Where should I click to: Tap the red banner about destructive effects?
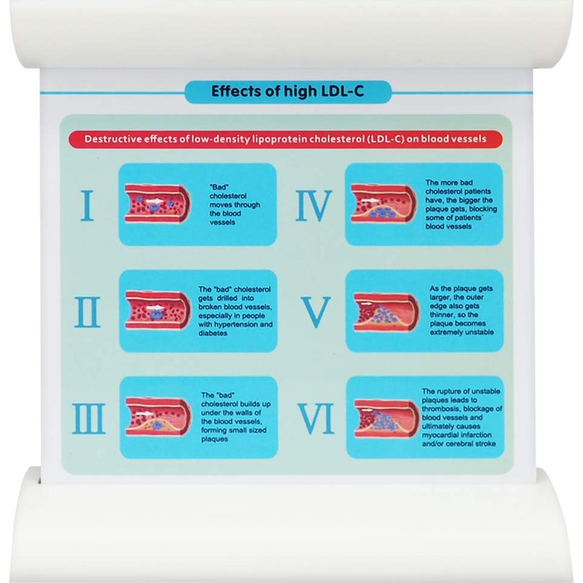coord(285,139)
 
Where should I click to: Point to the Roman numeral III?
coord(89,419)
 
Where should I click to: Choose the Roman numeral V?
coord(316,312)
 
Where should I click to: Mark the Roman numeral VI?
coord(316,419)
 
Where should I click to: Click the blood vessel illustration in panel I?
coord(154,204)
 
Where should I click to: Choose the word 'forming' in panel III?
coord(215,431)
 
